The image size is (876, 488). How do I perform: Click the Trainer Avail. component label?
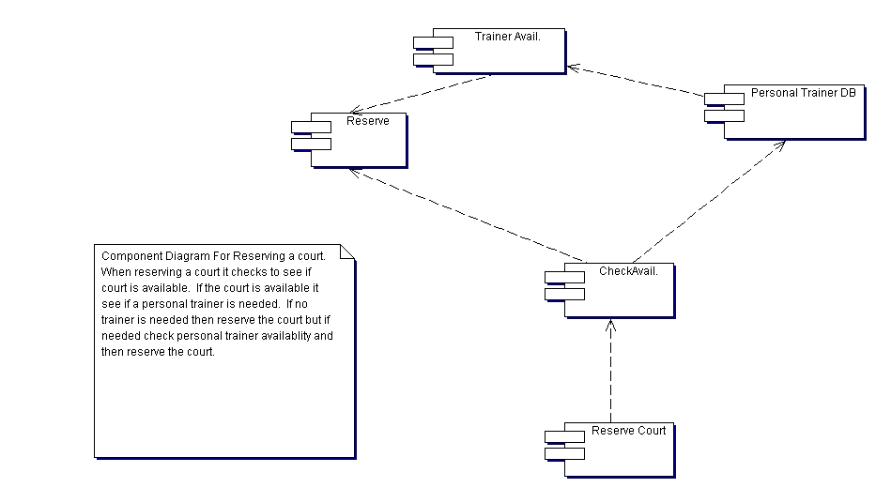(507, 37)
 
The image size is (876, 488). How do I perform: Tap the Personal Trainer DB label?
(803, 93)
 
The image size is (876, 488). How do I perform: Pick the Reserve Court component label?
(628, 431)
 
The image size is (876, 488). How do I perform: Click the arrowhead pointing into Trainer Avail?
(573, 67)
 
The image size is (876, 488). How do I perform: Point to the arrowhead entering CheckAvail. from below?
(609, 324)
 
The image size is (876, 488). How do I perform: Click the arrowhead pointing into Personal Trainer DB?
(781, 145)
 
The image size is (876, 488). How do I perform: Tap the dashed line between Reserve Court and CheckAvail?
(609, 375)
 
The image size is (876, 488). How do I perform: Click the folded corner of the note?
(347, 252)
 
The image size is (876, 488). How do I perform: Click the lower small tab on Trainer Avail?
(433, 59)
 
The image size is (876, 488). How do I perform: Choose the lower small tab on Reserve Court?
(564, 453)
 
